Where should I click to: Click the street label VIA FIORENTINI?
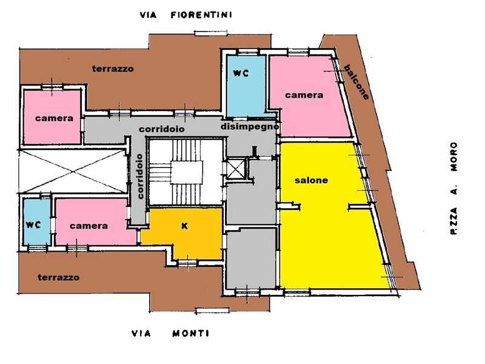tap(186, 15)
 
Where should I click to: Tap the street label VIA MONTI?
tap(170, 333)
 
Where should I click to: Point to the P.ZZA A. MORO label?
tap(453, 188)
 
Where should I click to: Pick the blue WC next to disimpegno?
tap(246, 86)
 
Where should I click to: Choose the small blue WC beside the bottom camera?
tap(37, 221)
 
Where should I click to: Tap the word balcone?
tap(356, 82)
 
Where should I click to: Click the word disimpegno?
tap(250, 127)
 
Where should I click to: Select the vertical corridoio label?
tap(140, 176)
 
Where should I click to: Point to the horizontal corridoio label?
tap(161, 129)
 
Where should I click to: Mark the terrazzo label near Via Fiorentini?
tap(113, 69)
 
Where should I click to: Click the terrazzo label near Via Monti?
tap(58, 277)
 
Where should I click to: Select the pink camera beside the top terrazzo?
tap(52, 117)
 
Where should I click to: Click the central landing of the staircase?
tap(187, 172)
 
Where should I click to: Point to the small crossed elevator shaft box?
tap(236, 169)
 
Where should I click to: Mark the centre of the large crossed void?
tap(73, 171)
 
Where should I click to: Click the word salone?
tap(311, 180)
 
